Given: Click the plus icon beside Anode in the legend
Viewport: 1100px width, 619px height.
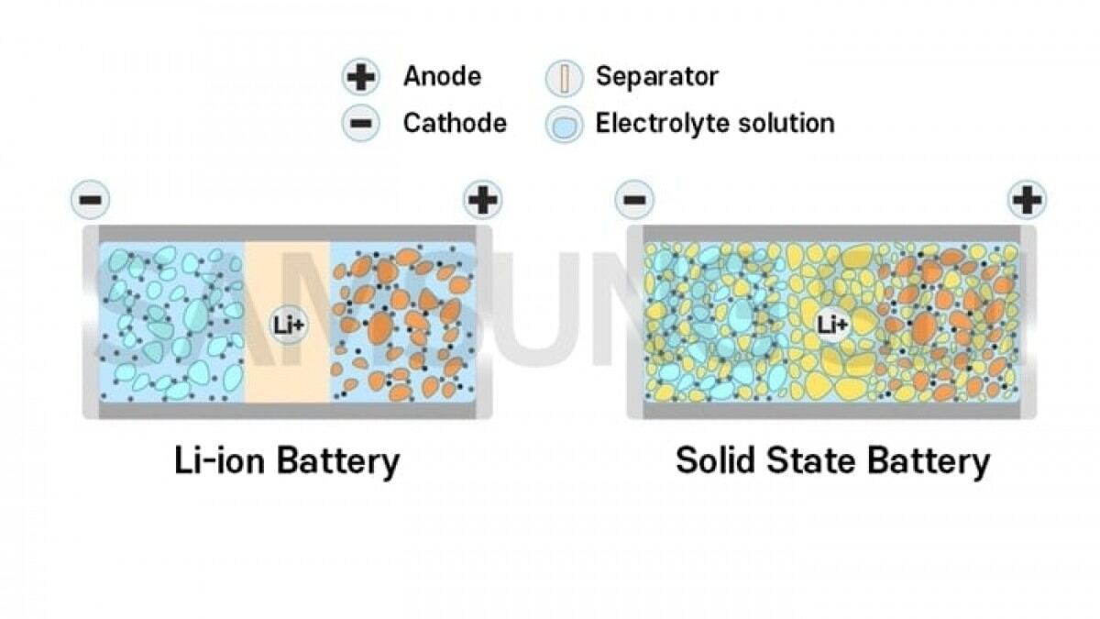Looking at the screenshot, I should [362, 77].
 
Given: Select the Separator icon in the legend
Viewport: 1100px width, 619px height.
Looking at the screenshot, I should [564, 78].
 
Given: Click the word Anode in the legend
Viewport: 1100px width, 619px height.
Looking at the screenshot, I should [442, 76].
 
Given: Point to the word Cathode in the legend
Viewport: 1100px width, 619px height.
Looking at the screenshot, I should [455, 123].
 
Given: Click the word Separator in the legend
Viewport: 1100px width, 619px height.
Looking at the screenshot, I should [656, 76].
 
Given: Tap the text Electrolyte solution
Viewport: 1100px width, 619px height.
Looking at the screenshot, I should [715, 123].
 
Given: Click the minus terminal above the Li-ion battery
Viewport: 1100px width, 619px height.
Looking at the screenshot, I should [91, 199].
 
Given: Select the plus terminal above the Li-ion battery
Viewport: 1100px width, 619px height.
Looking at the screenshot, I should [482, 199].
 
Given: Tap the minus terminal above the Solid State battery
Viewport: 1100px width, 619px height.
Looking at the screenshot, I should [634, 199].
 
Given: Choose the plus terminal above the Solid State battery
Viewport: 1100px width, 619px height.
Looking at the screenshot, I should [1027, 199].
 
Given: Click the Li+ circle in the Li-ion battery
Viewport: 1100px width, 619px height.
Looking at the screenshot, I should [287, 324].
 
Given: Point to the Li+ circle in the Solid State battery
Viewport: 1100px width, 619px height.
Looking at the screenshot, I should [832, 324].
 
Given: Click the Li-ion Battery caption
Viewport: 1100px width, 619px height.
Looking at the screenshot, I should [287, 460].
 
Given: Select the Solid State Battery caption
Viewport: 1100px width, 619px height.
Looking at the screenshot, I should [832, 460].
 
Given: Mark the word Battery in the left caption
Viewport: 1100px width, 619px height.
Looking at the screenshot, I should [338, 460].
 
